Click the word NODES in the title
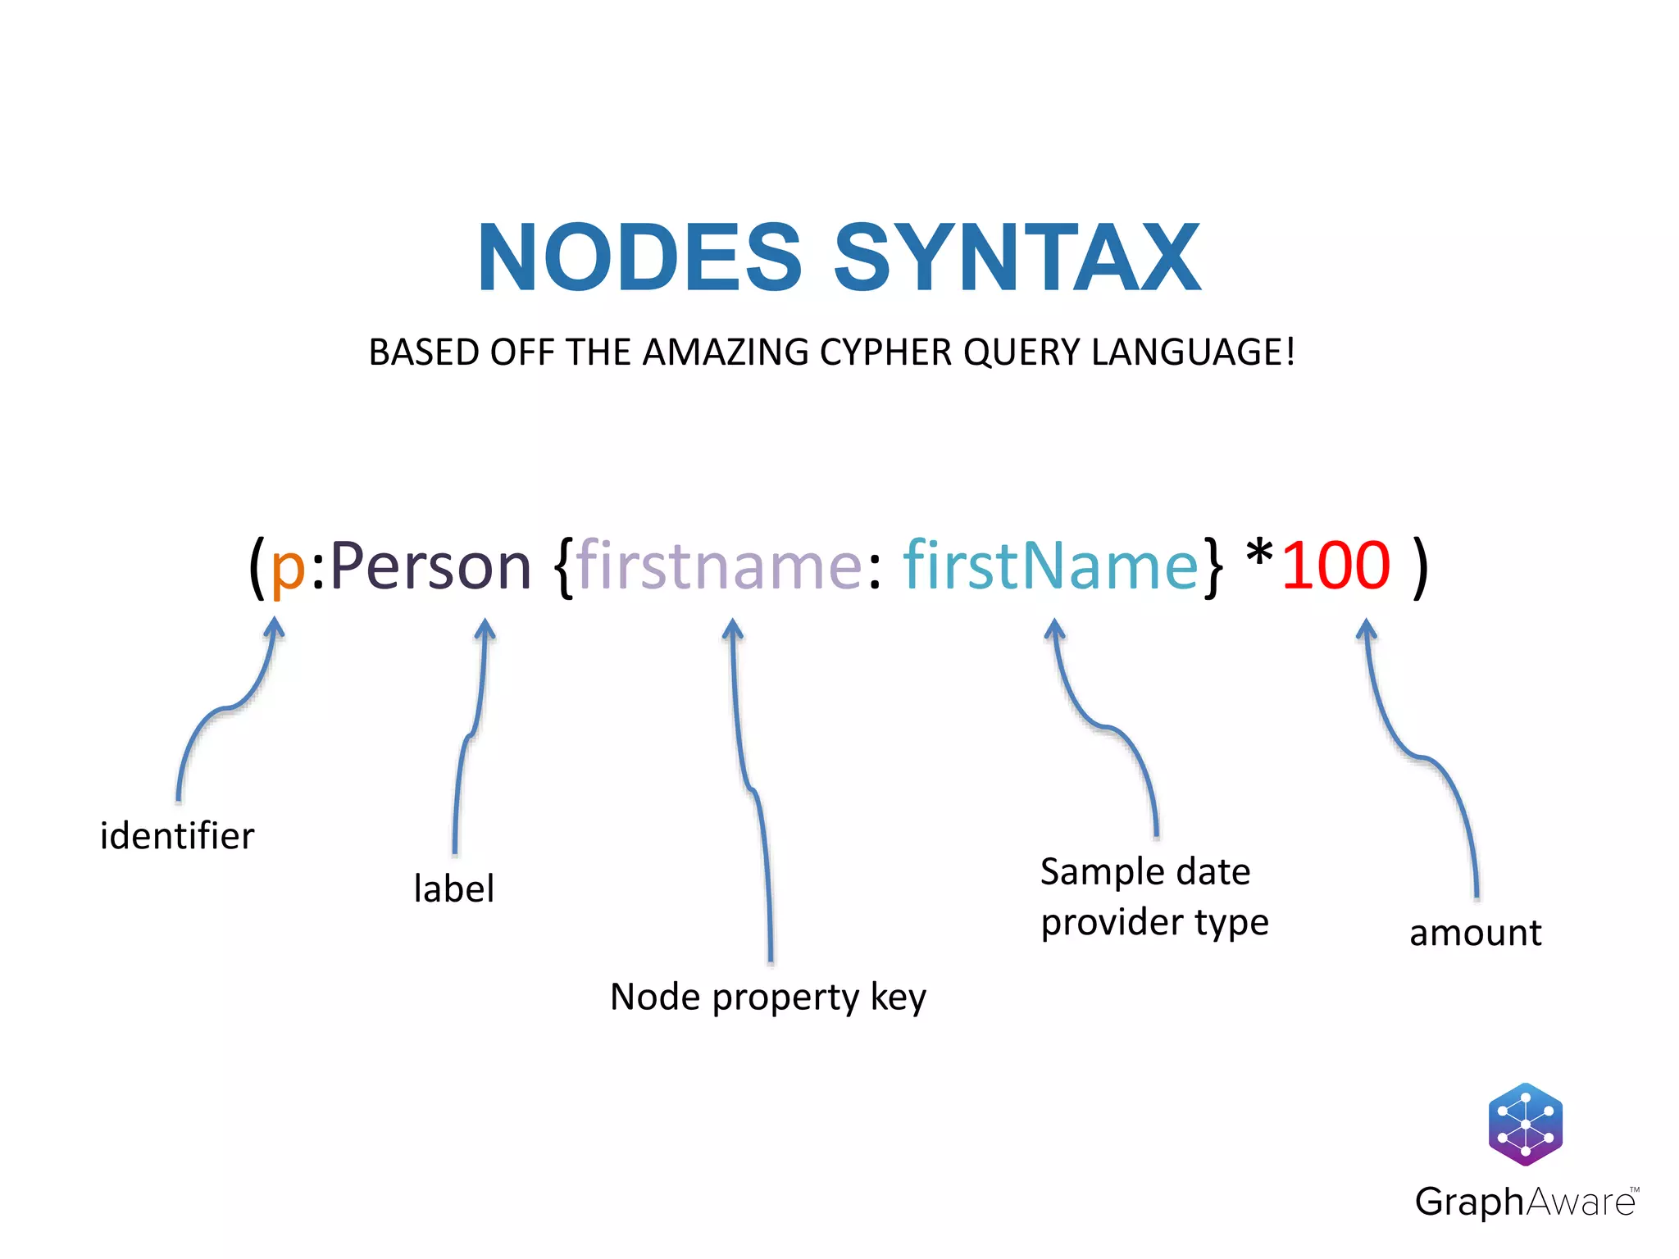click(639, 258)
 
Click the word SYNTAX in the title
click(1017, 258)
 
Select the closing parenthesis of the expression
click(1421, 567)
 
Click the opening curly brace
click(563, 567)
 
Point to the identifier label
click(177, 836)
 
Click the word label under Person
click(453, 889)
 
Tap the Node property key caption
click(768, 998)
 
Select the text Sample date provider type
click(1153, 897)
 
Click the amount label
click(1475, 933)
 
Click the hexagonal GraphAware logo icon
click(1525, 1125)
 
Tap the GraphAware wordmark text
click(1525, 1202)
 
